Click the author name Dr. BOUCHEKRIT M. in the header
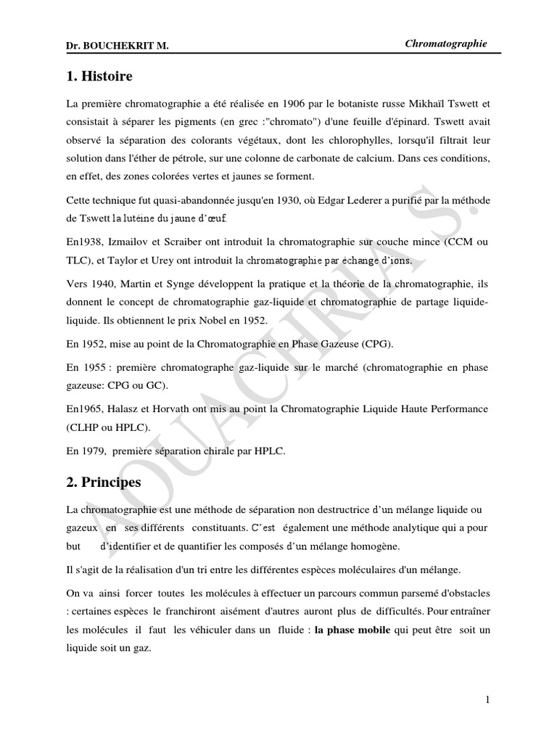pos(117,46)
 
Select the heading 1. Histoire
pos(99,75)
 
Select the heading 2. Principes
pos(104,482)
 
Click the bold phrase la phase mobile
pos(352,631)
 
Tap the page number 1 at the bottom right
pos(487,699)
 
